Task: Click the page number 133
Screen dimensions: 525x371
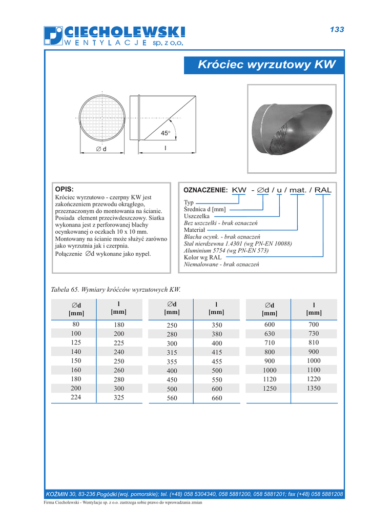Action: pos(337,30)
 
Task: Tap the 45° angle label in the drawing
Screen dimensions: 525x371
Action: pos(165,133)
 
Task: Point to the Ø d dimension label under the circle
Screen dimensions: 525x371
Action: pos(101,149)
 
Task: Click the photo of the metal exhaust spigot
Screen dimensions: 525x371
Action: pos(293,128)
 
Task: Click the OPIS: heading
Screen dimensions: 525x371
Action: pos(65,189)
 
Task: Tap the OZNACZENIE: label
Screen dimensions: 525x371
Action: pos(205,190)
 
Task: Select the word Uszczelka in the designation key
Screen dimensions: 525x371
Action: pos(196,216)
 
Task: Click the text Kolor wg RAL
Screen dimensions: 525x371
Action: pos(203,257)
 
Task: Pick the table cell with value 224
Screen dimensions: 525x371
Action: pos(76,397)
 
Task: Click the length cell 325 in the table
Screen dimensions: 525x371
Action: pos(118,397)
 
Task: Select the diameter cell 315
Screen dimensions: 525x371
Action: pos(172,352)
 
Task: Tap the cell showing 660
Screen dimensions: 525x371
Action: pos(217,398)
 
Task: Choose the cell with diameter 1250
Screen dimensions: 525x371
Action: pos(270,389)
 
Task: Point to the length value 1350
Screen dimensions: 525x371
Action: pos(314,389)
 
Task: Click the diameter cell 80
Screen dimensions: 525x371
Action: pos(76,325)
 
